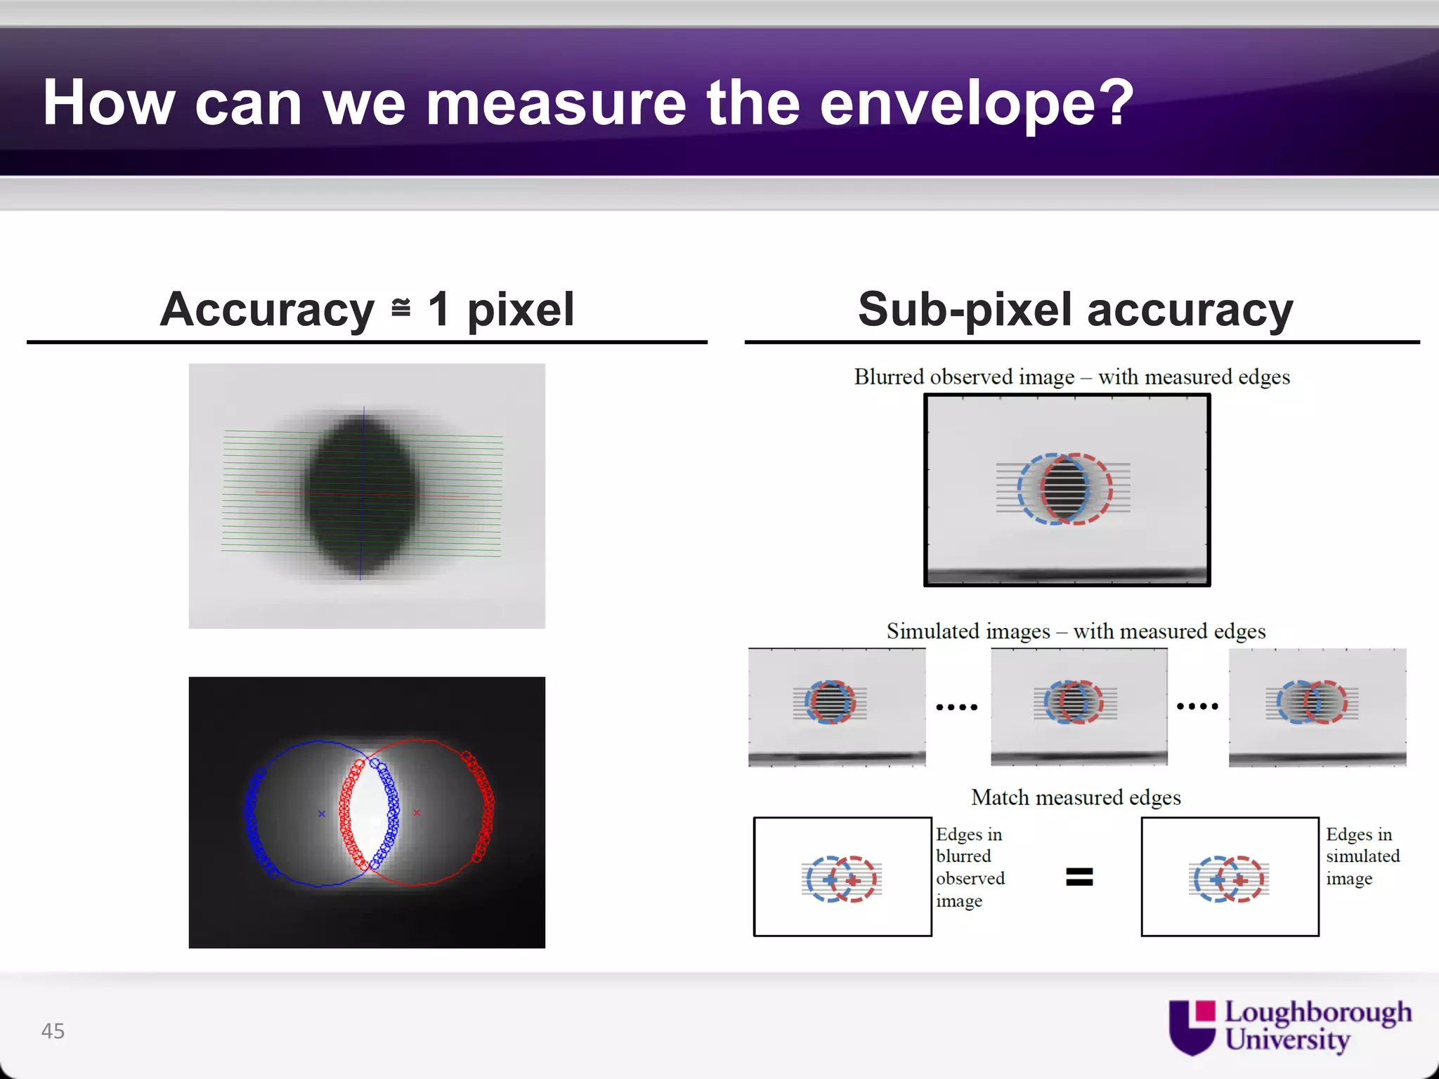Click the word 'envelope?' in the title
tap(977, 104)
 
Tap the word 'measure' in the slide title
tap(556, 104)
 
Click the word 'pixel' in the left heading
tap(521, 309)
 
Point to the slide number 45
tap(53, 1031)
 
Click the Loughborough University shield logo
tap(1192, 1027)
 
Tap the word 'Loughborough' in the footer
tap(1318, 1012)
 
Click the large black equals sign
tap(1079, 877)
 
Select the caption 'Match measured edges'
tap(1076, 797)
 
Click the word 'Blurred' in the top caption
tap(889, 377)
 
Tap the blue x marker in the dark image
tap(322, 813)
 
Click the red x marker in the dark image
tap(417, 813)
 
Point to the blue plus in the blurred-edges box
tap(830, 879)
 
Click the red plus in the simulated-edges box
tap(1241, 880)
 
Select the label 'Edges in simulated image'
tap(1362, 856)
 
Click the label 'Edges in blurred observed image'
tap(970, 868)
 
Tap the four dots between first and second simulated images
tap(957, 707)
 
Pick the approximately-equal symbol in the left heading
tap(401, 308)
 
